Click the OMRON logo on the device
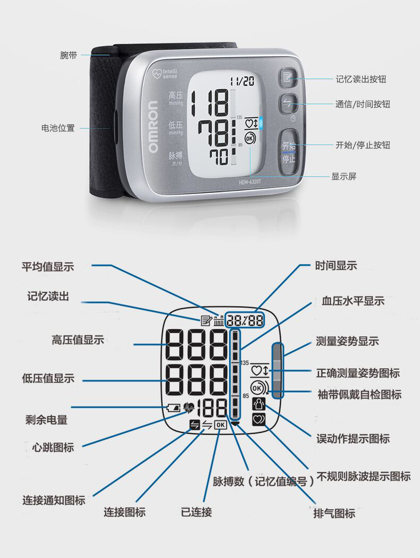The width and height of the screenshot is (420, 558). (x=153, y=127)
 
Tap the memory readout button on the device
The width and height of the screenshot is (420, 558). (x=288, y=77)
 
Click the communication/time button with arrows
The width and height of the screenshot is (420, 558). (x=288, y=104)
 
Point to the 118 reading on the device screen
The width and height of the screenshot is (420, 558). (x=209, y=103)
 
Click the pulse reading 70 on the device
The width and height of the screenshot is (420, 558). (x=219, y=156)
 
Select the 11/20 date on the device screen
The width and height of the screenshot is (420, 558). (x=242, y=81)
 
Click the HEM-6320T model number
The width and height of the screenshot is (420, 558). (x=250, y=182)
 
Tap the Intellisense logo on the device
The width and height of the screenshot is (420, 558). (x=165, y=74)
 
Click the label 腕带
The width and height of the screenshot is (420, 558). (x=69, y=55)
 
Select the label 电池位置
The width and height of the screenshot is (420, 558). (x=58, y=128)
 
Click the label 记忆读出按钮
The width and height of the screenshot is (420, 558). (x=361, y=79)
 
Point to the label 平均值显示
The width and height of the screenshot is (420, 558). (x=48, y=267)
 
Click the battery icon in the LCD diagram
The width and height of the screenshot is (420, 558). (x=174, y=408)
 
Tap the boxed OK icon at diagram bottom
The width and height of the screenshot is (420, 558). (x=220, y=425)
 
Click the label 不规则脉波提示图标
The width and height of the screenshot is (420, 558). (x=364, y=476)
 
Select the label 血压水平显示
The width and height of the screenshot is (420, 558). (x=353, y=301)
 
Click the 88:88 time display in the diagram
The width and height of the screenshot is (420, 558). (x=245, y=320)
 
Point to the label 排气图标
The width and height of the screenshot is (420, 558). (x=334, y=513)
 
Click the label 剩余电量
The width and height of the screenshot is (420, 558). (x=46, y=420)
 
